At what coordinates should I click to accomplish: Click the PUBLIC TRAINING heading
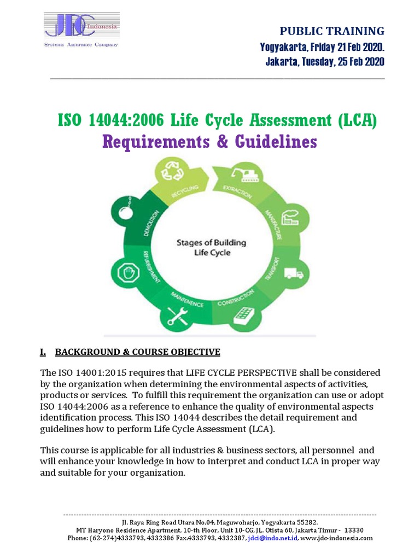(x=332, y=31)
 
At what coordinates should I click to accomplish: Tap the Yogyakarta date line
(x=322, y=47)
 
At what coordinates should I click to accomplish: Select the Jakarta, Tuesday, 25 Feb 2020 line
(x=325, y=62)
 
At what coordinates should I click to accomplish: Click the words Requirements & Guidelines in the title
(x=209, y=142)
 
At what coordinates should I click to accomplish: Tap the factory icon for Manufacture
(x=289, y=215)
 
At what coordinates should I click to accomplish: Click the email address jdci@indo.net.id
(x=272, y=538)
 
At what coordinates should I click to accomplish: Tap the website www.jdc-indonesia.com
(x=337, y=538)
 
